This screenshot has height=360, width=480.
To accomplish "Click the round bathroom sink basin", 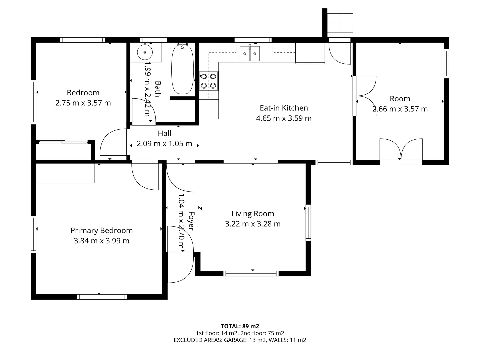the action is (x=145, y=52).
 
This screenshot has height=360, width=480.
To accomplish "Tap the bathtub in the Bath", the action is (x=182, y=69).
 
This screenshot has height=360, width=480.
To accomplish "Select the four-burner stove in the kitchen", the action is (x=209, y=81).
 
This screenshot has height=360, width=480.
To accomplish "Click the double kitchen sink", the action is (x=250, y=54).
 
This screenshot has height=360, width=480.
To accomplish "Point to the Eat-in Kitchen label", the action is (x=284, y=108).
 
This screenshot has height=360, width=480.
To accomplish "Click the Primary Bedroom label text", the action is (x=101, y=230).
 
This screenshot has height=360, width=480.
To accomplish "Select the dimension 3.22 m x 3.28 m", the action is (x=253, y=224).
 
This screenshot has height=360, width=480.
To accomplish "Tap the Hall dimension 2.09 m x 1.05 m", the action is (x=164, y=144).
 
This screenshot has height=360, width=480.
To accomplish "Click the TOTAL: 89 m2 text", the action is (x=240, y=326).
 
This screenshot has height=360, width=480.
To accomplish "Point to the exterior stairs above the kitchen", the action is (x=340, y=25).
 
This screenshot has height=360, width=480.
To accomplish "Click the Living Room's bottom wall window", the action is (x=251, y=273).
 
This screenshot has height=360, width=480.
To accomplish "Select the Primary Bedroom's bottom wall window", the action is (x=102, y=297).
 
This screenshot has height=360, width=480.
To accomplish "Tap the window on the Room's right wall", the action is (x=447, y=63).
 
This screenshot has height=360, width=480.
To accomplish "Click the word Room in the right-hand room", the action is (x=400, y=99).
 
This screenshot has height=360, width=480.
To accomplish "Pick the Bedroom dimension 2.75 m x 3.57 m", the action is (x=83, y=103).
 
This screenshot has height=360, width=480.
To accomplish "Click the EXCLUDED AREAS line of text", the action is (x=240, y=340).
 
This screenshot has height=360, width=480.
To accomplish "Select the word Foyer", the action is (x=191, y=221).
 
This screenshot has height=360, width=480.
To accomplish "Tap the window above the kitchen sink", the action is (x=253, y=40).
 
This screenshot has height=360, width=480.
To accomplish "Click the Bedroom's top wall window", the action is (x=82, y=40).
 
